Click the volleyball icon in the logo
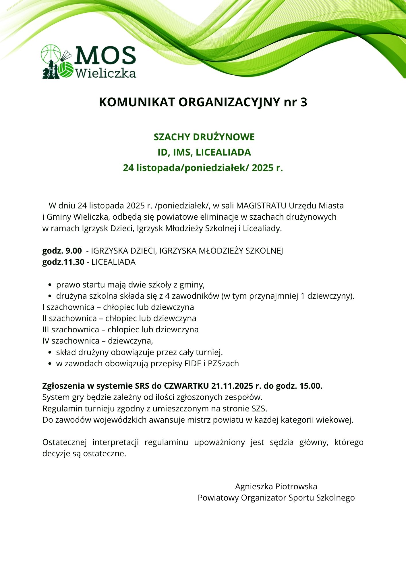[66, 70]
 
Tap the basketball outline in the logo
[51, 53]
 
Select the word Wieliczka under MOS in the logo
[105, 73]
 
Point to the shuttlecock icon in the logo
[66, 56]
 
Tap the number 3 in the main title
[304, 102]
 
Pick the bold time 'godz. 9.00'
[62, 251]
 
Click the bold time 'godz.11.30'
[63, 262]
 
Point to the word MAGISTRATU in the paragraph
[261, 206]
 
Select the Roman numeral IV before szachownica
[46, 341]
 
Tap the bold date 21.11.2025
[232, 386]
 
